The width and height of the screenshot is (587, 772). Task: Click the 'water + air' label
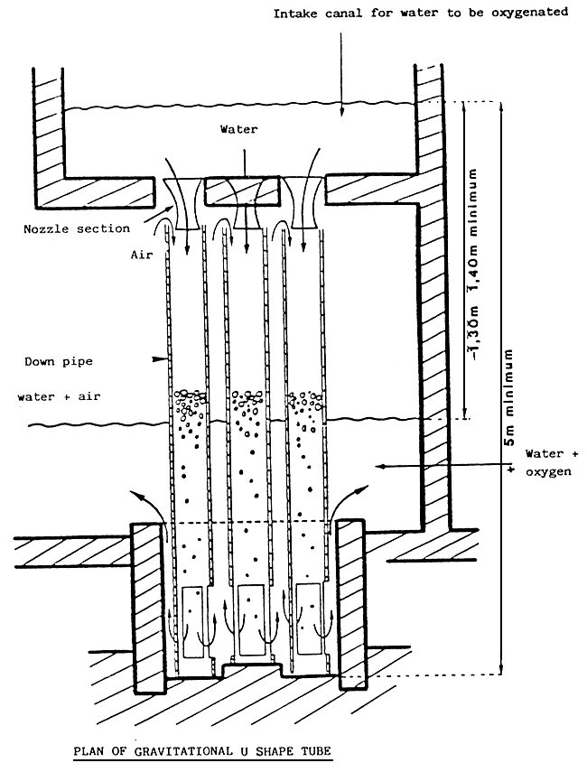[x=57, y=396]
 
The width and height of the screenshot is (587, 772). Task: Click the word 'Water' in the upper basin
[x=239, y=129]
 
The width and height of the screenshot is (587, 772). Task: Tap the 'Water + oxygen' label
[x=541, y=463]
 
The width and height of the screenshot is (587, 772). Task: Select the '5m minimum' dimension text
[x=511, y=402]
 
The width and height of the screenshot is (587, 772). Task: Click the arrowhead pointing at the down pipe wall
[x=162, y=359]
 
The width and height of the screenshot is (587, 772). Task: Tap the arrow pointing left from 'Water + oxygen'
[x=384, y=466]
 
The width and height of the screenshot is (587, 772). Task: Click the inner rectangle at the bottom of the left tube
[x=191, y=620]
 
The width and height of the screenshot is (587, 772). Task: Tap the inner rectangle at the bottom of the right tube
[x=306, y=620]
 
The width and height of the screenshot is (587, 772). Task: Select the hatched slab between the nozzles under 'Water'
[x=234, y=190]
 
